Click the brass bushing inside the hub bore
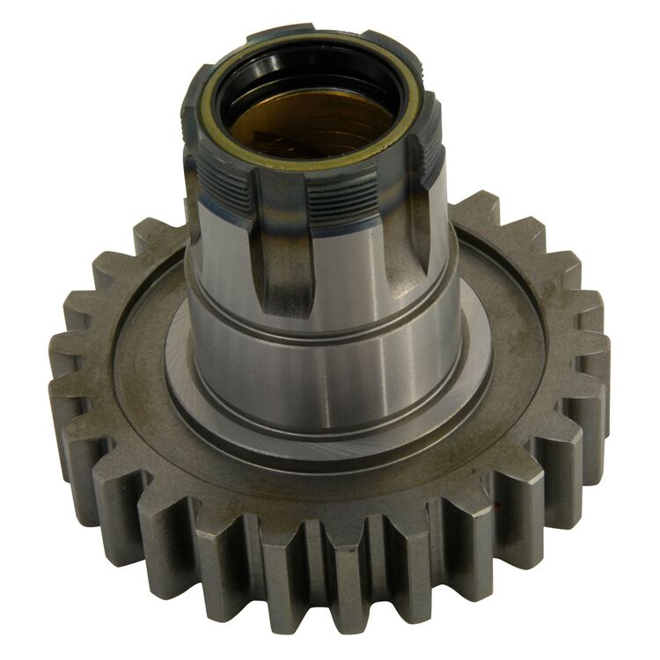[304, 123]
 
